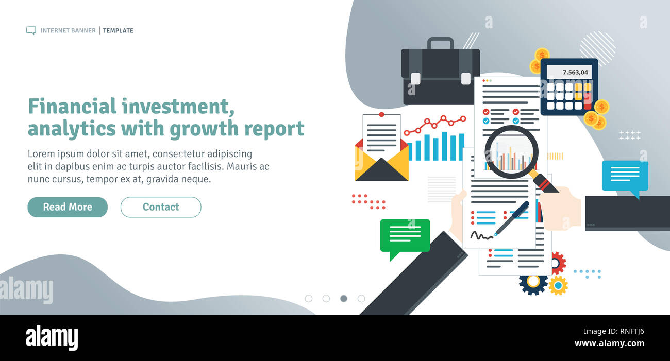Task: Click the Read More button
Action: click(x=68, y=207)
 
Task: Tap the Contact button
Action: click(x=161, y=207)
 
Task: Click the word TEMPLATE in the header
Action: click(x=118, y=30)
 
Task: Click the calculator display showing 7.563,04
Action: click(x=568, y=72)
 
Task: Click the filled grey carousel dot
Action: click(x=344, y=298)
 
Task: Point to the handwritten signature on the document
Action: click(x=481, y=235)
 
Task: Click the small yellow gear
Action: click(x=558, y=285)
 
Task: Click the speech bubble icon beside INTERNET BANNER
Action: click(x=31, y=30)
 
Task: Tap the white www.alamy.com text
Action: click(x=609, y=343)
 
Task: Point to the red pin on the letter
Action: click(x=381, y=114)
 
